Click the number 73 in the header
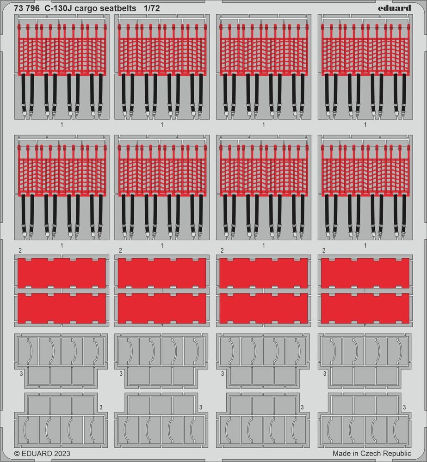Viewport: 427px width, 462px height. (19, 8)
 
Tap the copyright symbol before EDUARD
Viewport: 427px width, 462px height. (17, 454)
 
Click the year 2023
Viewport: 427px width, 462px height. (62, 454)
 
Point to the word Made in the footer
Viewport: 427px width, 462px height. (341, 454)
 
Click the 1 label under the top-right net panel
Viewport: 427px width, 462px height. (365, 124)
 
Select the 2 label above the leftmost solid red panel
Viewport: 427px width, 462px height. (20, 250)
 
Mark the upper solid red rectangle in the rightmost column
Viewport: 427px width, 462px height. (365, 273)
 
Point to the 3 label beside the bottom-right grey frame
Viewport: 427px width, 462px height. (404, 407)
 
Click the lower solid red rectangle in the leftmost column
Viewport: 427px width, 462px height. (62, 308)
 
